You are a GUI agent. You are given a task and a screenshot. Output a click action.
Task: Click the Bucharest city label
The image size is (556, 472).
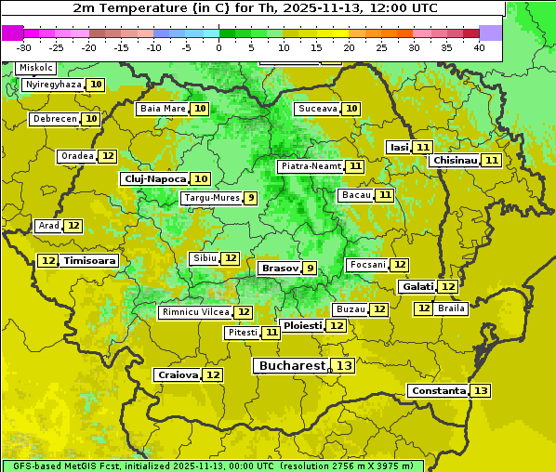tap(292, 366)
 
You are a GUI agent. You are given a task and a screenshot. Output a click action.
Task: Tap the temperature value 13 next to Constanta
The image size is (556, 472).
tap(481, 390)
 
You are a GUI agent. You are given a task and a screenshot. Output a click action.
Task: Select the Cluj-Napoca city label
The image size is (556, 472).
tap(153, 178)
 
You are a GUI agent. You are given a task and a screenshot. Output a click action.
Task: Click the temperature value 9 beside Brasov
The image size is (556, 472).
tap(310, 268)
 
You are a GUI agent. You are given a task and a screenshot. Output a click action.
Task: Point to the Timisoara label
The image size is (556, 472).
tap(90, 261)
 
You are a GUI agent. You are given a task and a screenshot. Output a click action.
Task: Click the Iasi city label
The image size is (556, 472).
tap(398, 147)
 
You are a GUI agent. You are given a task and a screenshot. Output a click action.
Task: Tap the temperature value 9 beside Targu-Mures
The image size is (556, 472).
tap(250, 198)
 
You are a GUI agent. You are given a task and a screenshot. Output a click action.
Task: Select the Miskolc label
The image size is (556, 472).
tap(35, 68)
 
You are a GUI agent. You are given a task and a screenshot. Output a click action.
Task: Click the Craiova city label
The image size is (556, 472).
tap(178, 374)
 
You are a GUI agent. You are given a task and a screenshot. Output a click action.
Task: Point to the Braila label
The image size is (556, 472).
tap(451, 308)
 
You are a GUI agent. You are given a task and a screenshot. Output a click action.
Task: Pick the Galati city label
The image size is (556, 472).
tap(417, 287)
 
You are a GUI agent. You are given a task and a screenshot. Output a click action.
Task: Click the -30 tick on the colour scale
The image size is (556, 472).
tap(24, 46)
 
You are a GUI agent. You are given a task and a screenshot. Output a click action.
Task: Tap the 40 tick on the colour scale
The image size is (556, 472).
tap(479, 46)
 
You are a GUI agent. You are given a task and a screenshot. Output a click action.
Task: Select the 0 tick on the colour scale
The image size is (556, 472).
tap(218, 46)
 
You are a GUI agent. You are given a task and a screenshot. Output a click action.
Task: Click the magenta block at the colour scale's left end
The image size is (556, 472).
tap(12, 33)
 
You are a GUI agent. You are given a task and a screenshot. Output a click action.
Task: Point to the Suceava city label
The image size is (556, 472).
tap(317, 109)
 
